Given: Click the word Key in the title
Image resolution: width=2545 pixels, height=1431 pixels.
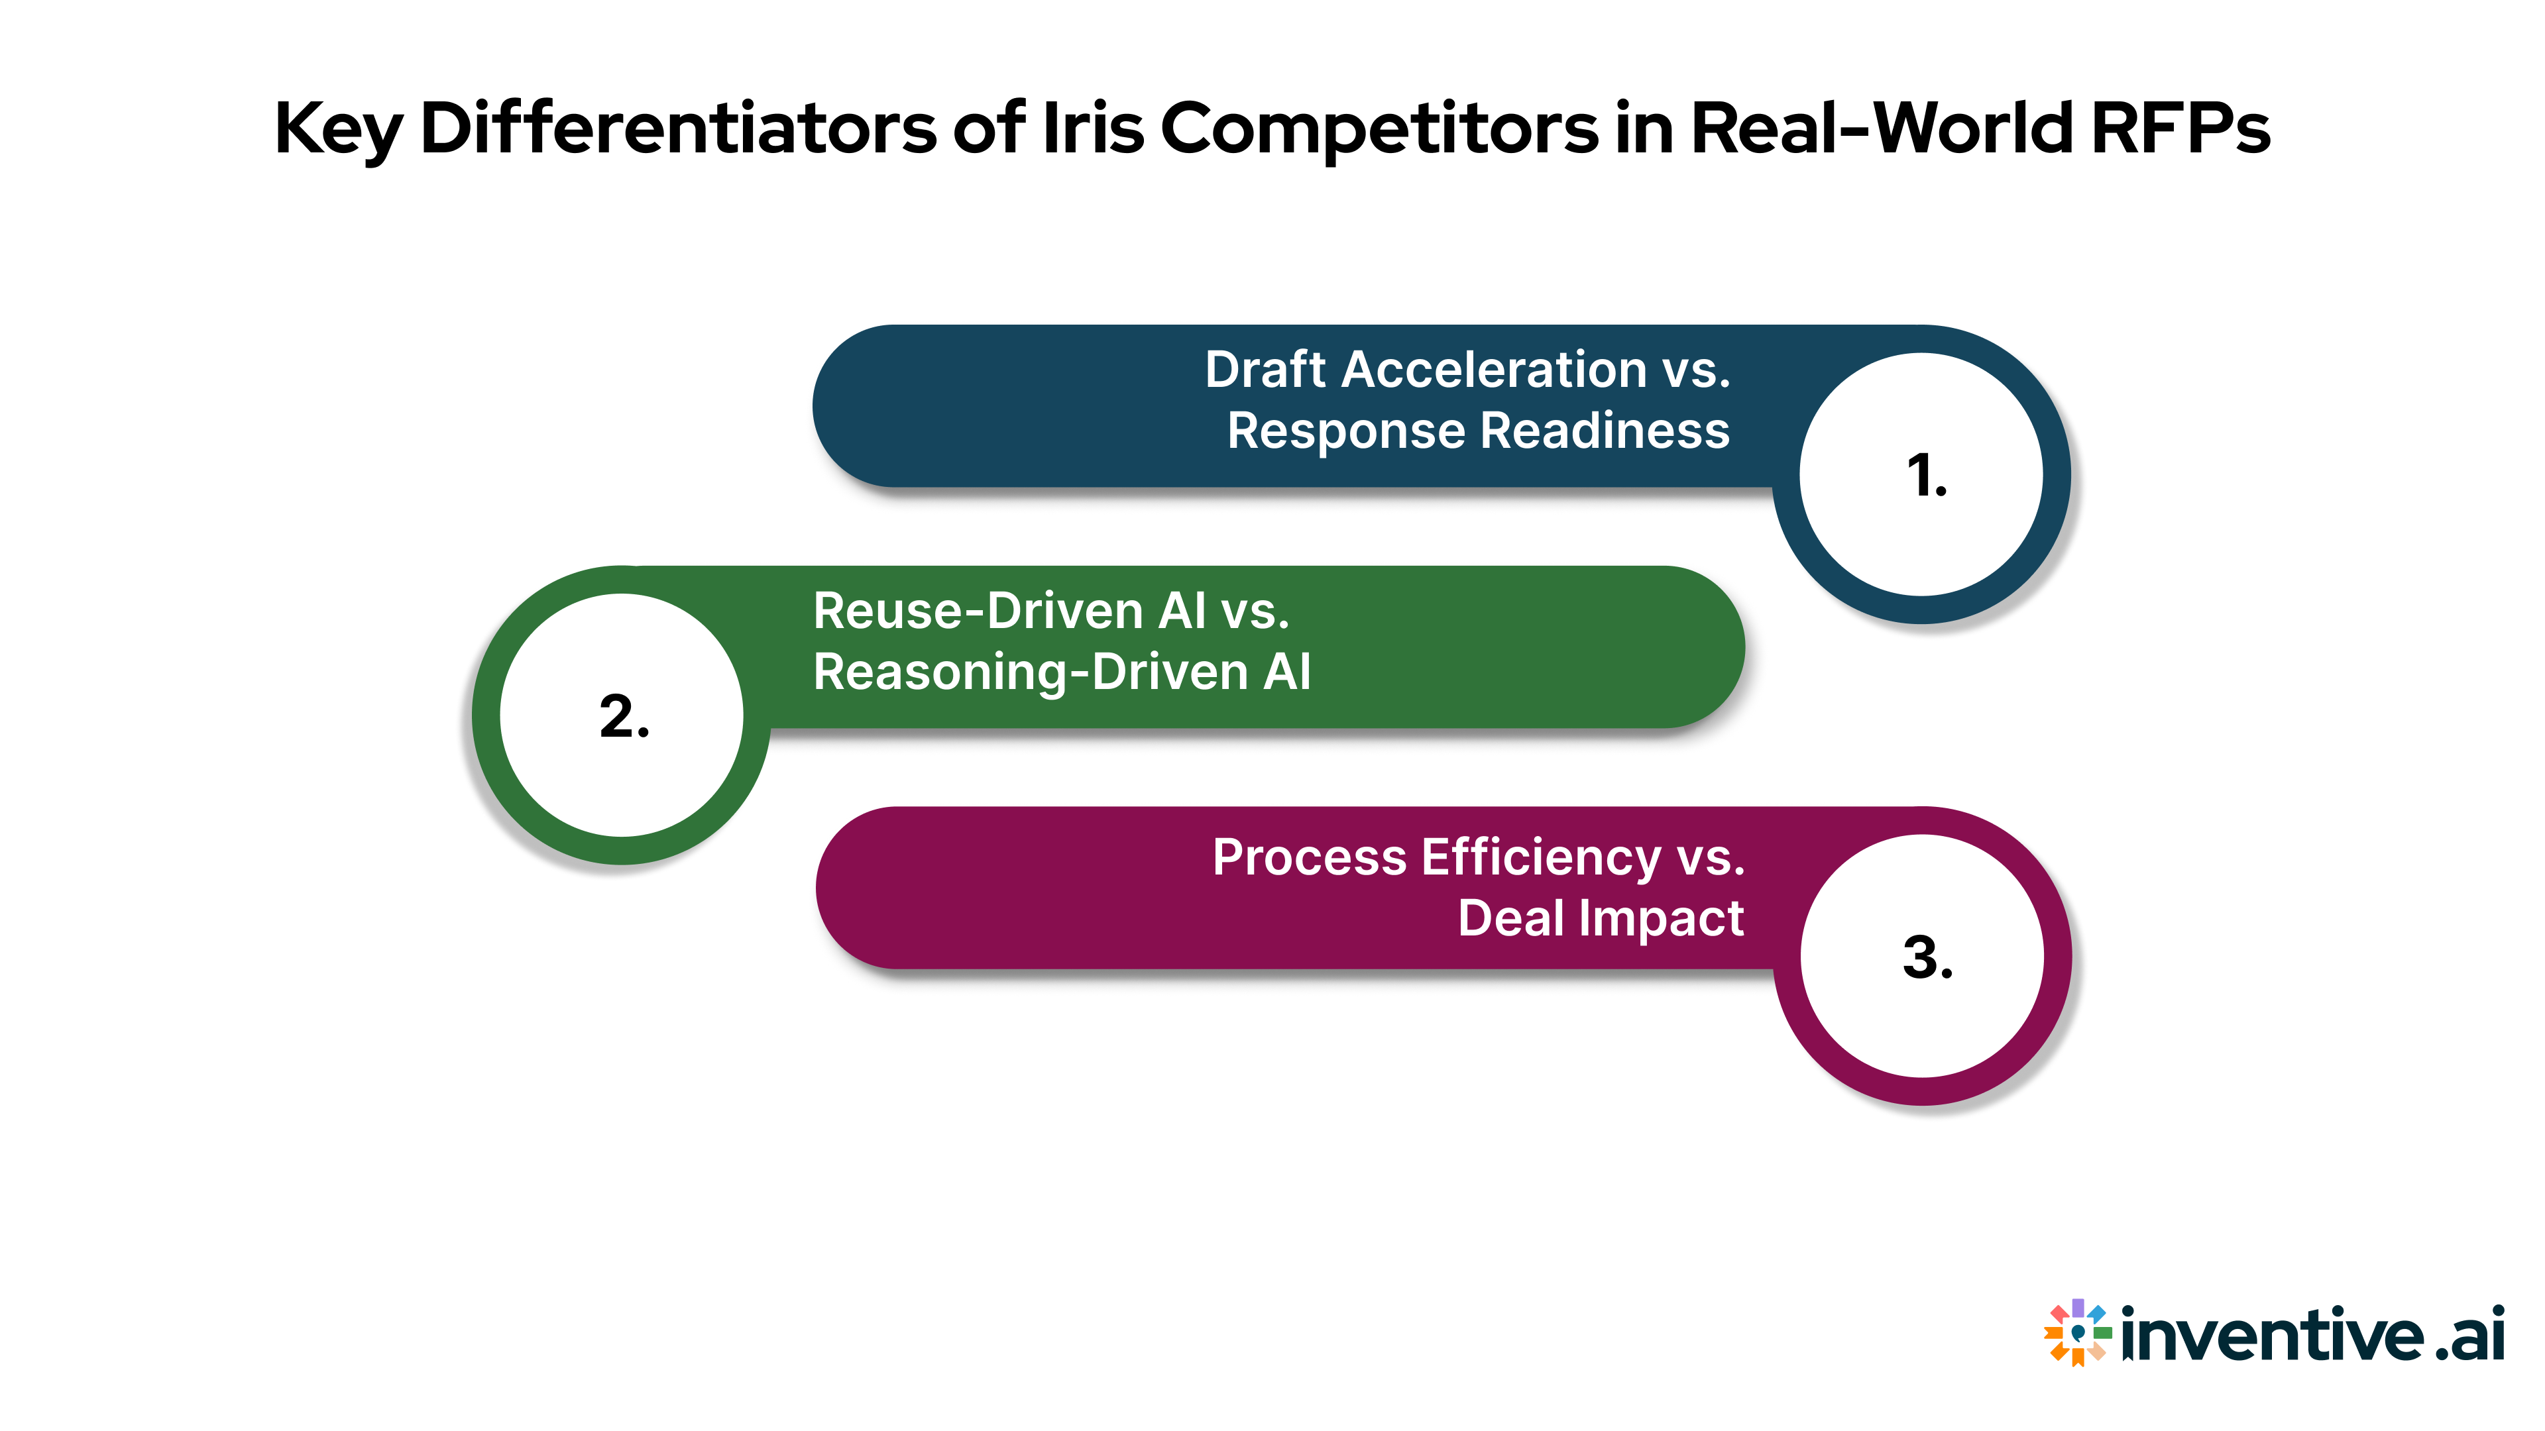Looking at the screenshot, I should point(339,129).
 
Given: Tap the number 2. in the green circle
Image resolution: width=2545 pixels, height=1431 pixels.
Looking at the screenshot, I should point(624,716).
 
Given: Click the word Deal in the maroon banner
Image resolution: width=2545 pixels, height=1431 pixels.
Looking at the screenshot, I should point(1512,918).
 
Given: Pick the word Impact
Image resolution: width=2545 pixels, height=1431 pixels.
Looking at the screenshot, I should point(1661,918).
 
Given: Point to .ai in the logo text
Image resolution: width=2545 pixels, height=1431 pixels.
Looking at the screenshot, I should point(2470,1334).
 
